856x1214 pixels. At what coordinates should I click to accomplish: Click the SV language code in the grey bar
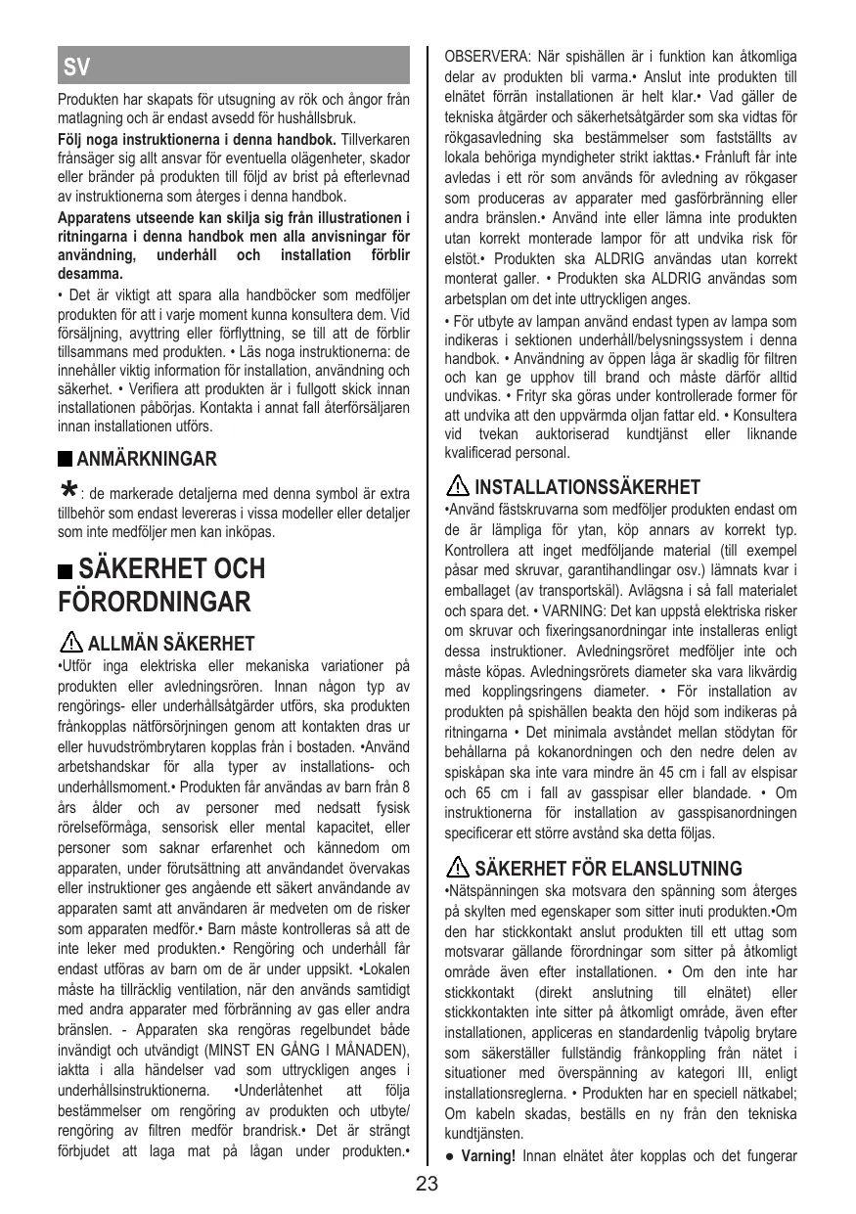(x=77, y=67)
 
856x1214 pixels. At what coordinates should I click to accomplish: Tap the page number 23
(x=428, y=1185)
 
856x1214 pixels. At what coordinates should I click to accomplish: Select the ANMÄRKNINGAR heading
(x=147, y=459)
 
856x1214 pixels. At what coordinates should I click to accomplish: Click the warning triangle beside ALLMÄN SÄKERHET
(x=70, y=644)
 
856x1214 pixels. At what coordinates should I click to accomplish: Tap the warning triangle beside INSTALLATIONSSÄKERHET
(x=457, y=486)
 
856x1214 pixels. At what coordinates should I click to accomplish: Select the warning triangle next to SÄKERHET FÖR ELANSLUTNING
(x=457, y=868)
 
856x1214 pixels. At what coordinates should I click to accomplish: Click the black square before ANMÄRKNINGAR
(x=65, y=459)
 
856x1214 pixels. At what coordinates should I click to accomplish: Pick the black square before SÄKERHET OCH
(x=66, y=569)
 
